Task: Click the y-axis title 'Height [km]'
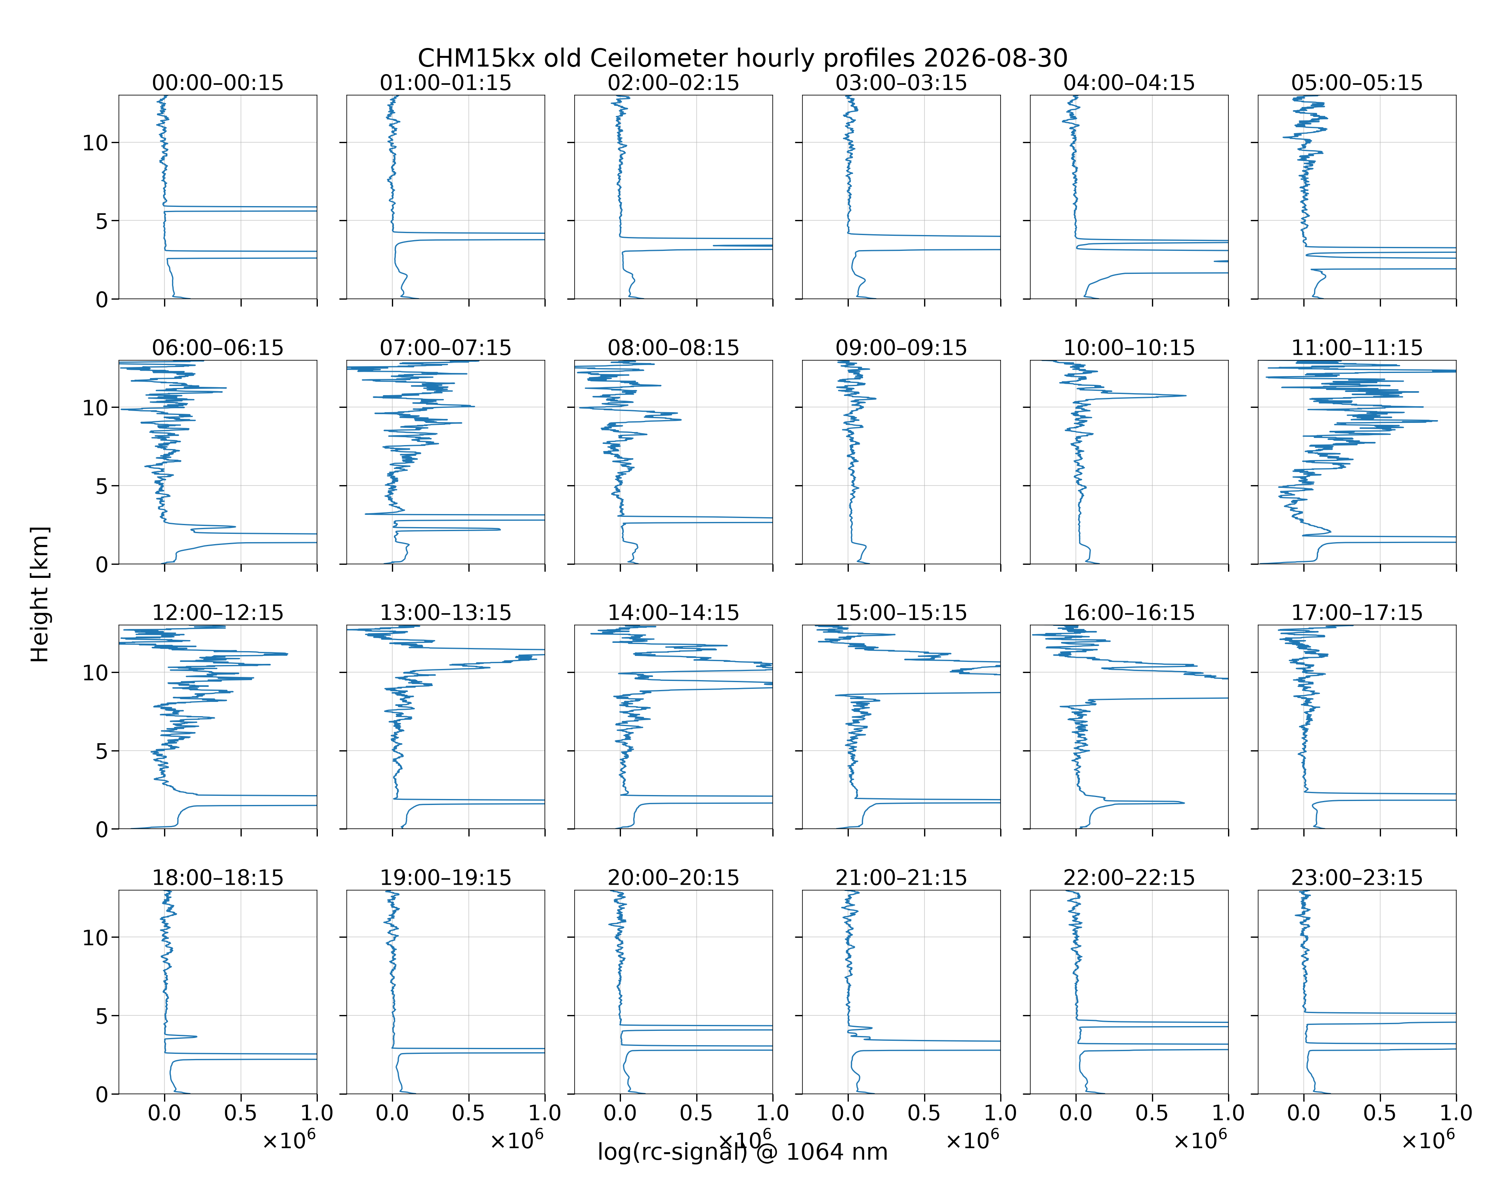click(x=40, y=594)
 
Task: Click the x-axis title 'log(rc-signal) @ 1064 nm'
click(x=742, y=1152)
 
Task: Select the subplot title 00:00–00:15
click(x=218, y=83)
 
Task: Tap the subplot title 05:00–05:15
click(x=1357, y=83)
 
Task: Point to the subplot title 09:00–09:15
click(x=902, y=348)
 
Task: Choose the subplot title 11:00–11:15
click(x=1357, y=348)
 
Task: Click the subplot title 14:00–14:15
click(x=673, y=613)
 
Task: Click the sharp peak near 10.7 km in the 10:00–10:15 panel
click(x=1186, y=396)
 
